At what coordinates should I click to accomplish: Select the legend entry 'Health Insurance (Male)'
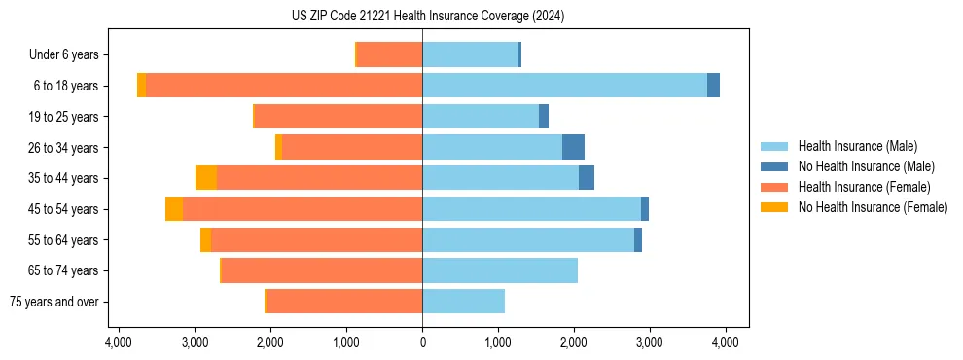point(857,146)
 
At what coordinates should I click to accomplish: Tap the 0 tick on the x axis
point(422,342)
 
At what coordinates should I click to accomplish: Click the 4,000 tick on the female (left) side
point(119,342)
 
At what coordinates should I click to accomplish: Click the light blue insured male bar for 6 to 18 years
point(564,86)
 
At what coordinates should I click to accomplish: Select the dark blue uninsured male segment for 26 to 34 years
point(573,147)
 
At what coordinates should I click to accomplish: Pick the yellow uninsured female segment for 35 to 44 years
point(205,178)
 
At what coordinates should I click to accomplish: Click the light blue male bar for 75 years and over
point(463,302)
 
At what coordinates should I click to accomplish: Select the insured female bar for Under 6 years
point(389,55)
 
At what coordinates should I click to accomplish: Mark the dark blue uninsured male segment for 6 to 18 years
point(713,86)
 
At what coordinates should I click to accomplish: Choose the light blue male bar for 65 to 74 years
point(500,270)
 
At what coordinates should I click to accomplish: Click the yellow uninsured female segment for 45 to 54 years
point(174,209)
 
